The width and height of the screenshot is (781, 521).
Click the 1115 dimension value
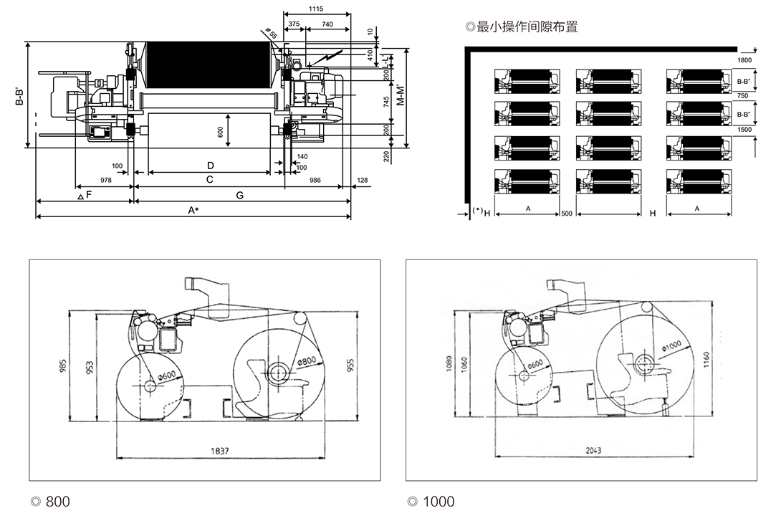(317, 9)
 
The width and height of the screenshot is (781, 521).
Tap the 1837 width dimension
(220, 451)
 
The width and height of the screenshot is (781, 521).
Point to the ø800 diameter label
(307, 360)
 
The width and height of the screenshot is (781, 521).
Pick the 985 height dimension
(63, 366)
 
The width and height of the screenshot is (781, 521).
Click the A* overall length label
(193, 211)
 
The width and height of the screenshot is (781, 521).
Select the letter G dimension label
(239, 195)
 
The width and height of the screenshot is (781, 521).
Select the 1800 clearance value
(744, 61)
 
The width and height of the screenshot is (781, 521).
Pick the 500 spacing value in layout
(567, 214)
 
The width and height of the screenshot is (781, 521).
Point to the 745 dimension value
(386, 101)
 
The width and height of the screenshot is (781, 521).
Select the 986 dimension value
(315, 181)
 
